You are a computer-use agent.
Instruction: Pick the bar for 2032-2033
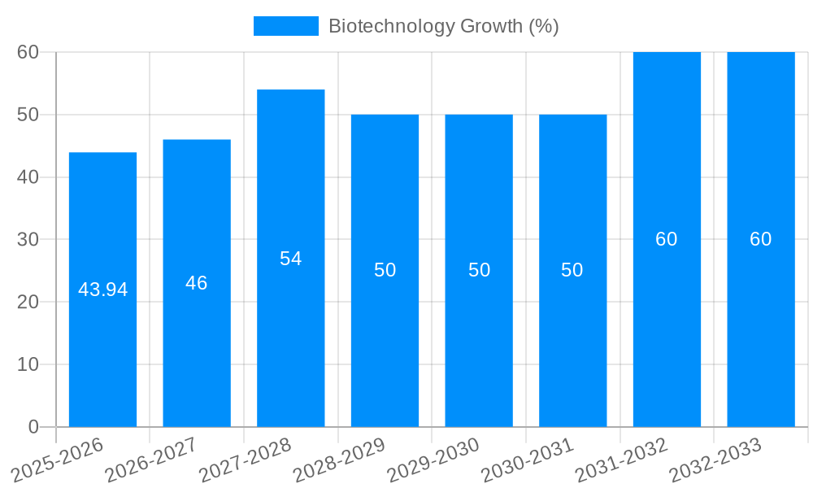click(x=760, y=325)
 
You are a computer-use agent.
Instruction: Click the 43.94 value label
click(x=102, y=290)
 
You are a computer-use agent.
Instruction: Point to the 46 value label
click(x=196, y=283)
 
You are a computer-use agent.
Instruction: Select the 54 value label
click(x=290, y=259)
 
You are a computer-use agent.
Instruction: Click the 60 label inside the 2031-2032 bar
click(x=666, y=239)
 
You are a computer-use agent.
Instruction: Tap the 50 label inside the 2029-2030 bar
click(x=479, y=270)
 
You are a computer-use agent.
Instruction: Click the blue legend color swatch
click(x=285, y=26)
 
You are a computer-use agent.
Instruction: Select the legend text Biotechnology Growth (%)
click(x=443, y=26)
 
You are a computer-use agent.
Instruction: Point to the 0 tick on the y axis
click(x=33, y=427)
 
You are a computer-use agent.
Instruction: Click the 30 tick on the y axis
click(x=28, y=239)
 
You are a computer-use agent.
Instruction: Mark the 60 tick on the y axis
click(x=28, y=52)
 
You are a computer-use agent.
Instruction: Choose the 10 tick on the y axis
click(x=28, y=364)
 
